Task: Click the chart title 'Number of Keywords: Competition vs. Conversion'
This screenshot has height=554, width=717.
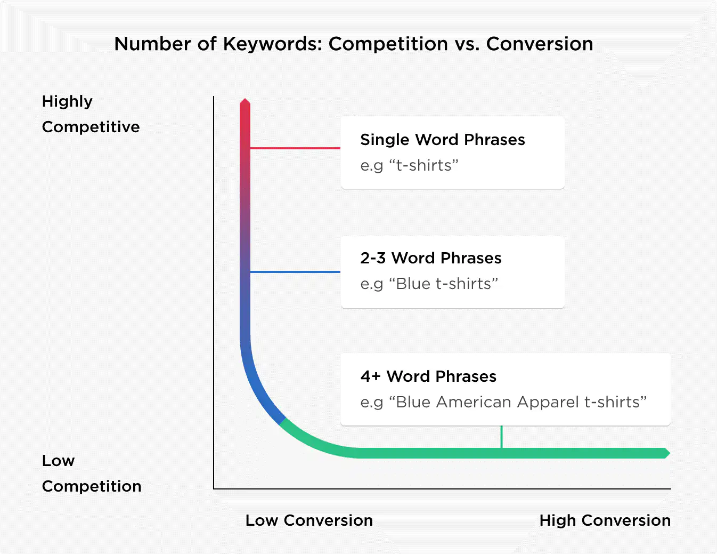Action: pyautogui.click(x=353, y=44)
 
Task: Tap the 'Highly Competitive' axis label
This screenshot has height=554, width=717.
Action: pyautogui.click(x=91, y=114)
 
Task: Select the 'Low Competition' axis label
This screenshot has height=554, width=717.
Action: pyautogui.click(x=92, y=473)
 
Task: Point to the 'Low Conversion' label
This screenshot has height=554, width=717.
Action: pyautogui.click(x=309, y=520)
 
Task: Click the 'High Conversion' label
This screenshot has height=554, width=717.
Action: pyautogui.click(x=605, y=521)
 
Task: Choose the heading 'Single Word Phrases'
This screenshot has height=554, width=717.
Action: pyautogui.click(x=443, y=140)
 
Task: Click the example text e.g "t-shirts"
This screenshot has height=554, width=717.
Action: pyautogui.click(x=409, y=165)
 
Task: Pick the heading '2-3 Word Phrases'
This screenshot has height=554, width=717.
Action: pyautogui.click(x=430, y=258)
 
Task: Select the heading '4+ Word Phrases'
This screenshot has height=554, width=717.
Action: pyautogui.click(x=428, y=376)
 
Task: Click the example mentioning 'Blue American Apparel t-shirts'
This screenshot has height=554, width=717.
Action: pyautogui.click(x=503, y=402)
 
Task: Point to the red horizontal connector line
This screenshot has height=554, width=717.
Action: pyautogui.click(x=295, y=148)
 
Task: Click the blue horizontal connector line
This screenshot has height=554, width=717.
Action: pyautogui.click(x=295, y=272)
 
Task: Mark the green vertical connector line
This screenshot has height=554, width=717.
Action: pyautogui.click(x=502, y=437)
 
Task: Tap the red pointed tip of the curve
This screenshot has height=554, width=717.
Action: pyautogui.click(x=245, y=99)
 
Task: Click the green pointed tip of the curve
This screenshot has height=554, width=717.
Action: pyautogui.click(x=670, y=453)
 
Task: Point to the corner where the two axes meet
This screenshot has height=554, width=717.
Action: pyautogui.click(x=214, y=488)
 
